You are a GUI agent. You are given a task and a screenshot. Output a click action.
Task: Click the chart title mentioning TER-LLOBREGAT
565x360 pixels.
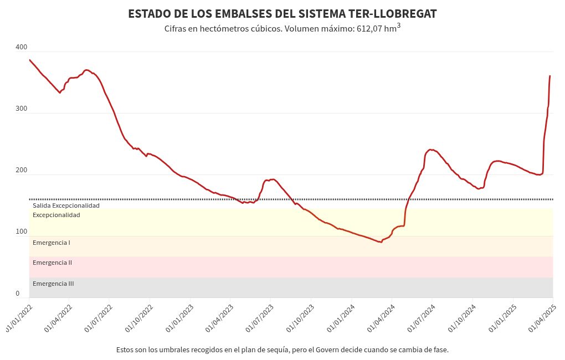pos(282,14)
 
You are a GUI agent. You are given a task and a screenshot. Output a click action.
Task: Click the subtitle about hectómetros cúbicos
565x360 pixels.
pos(282,28)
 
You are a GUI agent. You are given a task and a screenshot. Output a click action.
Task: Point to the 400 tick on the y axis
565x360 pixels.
pos(22,48)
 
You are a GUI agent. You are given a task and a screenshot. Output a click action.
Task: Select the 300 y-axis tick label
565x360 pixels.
pos(22,109)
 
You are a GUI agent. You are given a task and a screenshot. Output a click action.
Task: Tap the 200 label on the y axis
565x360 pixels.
pos(22,171)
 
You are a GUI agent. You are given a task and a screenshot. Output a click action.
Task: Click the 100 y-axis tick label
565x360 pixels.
pos(22,232)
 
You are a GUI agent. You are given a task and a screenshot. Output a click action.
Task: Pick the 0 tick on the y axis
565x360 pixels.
pos(18,294)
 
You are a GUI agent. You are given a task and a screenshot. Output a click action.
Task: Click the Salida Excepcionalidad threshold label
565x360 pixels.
pos(66,205)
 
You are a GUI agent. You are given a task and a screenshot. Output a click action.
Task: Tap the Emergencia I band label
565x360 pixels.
pos(52,243)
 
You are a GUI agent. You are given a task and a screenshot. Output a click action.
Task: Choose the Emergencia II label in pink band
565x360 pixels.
pos(53,263)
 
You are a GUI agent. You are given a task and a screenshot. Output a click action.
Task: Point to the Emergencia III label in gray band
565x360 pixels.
pos(53,284)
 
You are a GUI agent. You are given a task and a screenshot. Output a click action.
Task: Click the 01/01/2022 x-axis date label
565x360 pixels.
pos(19,316)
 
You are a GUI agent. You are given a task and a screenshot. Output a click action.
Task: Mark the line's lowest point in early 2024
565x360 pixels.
pos(381,242)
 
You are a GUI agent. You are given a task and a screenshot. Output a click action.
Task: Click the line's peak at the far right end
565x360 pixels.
pos(549,76)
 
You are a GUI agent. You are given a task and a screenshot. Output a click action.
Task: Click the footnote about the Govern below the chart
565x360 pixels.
pos(282,350)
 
